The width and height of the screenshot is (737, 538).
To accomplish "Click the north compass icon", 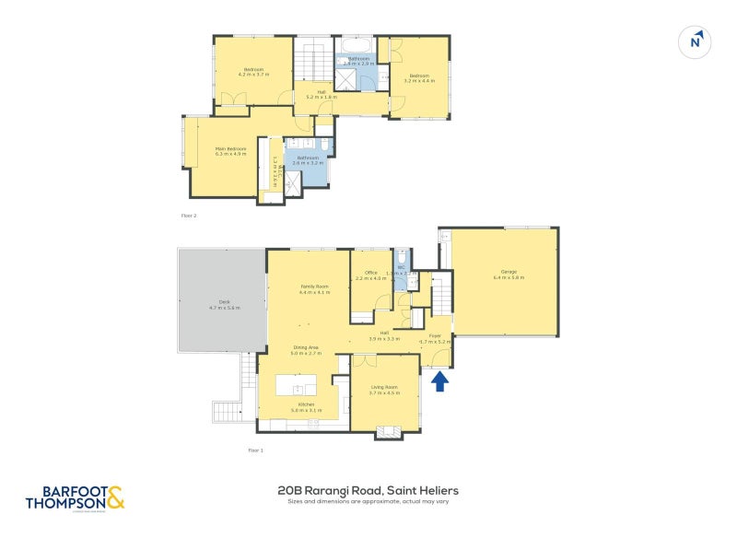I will [696, 41].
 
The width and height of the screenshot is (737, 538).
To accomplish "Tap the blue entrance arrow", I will [439, 379].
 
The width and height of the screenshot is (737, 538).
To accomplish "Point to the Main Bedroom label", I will [231, 151].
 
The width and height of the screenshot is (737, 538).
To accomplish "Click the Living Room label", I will [383, 390].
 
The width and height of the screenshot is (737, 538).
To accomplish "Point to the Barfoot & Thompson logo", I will [74, 497].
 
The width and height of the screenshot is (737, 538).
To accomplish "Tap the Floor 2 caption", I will [189, 216].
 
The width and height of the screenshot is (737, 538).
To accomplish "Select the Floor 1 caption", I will [256, 450].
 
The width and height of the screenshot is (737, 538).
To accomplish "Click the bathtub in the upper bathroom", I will [358, 45].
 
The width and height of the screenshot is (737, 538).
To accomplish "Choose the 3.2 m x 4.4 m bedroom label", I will [419, 78].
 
